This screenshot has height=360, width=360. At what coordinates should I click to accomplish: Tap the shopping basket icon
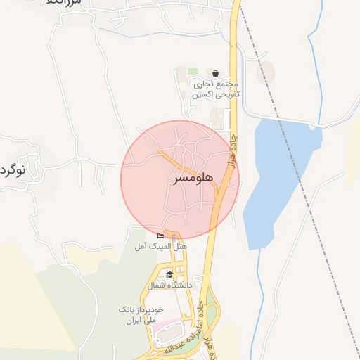coord(214,73)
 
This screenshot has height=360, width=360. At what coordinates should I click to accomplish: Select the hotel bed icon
coord(161,236)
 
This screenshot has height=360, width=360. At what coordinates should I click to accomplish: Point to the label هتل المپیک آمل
coord(162,247)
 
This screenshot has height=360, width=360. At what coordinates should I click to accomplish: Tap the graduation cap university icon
coord(169,275)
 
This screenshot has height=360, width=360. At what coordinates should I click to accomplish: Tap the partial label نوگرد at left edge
coord(13,170)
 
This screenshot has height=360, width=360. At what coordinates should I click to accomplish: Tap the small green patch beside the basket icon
coord(192,72)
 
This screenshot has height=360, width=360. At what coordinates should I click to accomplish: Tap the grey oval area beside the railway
coord(265,73)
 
